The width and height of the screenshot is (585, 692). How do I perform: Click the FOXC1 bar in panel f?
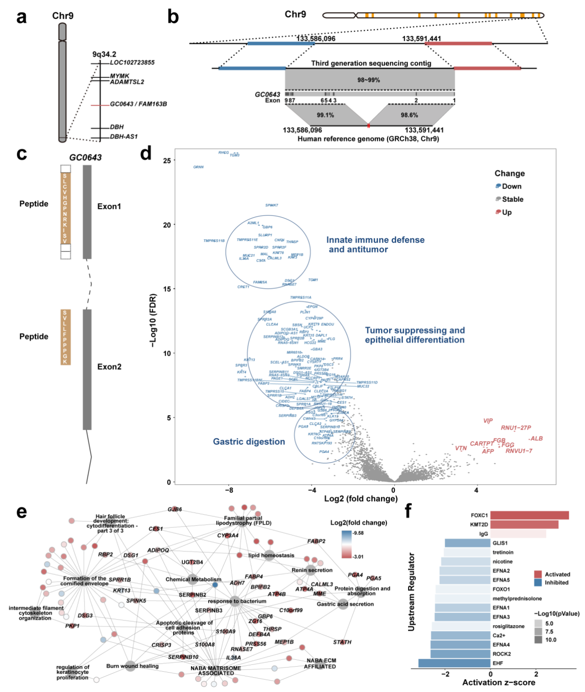(529, 515)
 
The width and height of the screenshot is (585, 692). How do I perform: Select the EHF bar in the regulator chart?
(454, 663)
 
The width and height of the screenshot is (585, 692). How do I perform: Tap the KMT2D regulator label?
(479, 525)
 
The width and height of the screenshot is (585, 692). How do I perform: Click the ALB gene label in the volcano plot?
(536, 439)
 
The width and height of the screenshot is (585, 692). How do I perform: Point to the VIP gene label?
(488, 421)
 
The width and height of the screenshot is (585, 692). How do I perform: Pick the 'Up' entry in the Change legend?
(507, 212)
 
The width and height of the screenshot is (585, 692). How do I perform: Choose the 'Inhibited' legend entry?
(556, 583)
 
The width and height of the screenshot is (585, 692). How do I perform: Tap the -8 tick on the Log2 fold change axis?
(229, 490)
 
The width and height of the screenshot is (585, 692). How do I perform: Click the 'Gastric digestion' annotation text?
(249, 441)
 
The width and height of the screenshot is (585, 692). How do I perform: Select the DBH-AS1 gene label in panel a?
(124, 137)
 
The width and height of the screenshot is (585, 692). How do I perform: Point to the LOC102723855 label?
(132, 62)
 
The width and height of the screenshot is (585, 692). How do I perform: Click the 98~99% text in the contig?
(368, 80)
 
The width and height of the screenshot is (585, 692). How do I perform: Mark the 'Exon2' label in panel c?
(109, 367)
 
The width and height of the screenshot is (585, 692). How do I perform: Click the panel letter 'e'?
(21, 512)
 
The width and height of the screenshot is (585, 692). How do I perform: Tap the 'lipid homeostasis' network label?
(271, 555)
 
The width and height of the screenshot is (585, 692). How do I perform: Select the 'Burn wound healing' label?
(132, 666)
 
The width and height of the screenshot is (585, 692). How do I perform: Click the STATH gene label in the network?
(342, 642)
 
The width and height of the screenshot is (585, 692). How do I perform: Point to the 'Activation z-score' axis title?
(499, 682)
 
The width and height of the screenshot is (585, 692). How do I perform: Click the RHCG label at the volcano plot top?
(223, 153)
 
